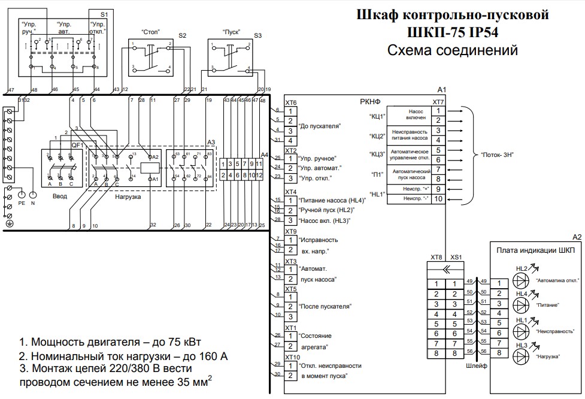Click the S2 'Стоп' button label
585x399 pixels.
[150, 31]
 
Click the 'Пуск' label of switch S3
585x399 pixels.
[231, 31]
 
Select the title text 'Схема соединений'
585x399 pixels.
[452, 50]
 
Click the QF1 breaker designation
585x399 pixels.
[77, 145]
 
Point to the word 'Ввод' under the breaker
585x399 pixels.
[59, 196]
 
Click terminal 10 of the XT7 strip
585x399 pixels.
[438, 199]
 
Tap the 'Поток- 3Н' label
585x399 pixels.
[498, 155]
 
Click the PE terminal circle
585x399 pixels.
[22, 194]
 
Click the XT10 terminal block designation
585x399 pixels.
[292, 357]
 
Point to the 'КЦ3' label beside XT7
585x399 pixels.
[377, 154]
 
